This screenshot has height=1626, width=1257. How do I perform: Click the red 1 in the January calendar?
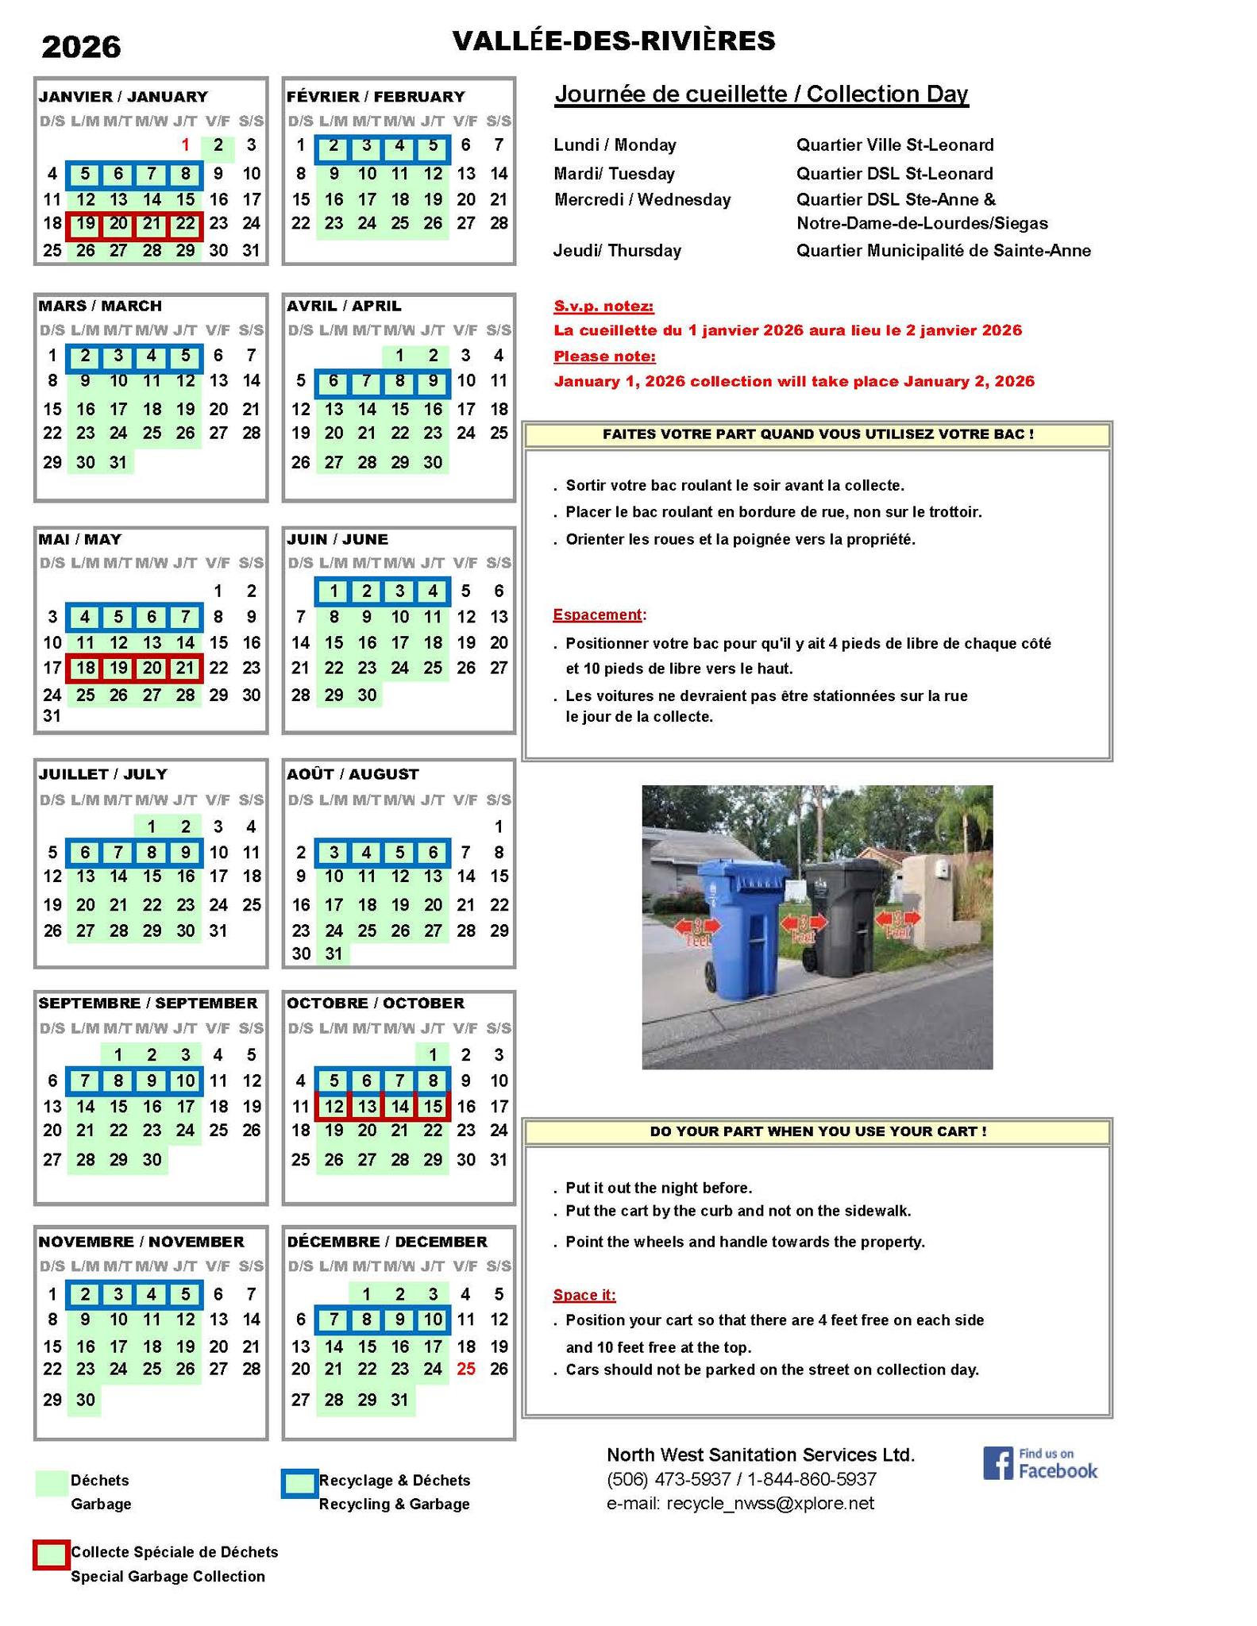click(185, 145)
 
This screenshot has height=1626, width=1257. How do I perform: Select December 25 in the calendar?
click(466, 1369)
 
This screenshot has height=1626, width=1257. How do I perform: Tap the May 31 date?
click(52, 716)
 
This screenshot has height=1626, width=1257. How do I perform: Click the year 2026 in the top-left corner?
click(81, 48)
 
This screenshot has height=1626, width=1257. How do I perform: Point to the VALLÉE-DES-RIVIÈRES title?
click(613, 41)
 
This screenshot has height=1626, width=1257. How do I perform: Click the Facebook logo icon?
click(997, 1463)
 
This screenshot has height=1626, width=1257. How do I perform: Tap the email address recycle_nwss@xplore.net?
click(770, 1503)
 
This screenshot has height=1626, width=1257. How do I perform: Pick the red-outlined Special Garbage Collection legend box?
click(51, 1555)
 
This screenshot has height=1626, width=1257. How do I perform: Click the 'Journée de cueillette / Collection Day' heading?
click(761, 94)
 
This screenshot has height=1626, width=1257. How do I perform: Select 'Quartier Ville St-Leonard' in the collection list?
click(895, 145)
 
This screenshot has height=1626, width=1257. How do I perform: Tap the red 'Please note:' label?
click(605, 356)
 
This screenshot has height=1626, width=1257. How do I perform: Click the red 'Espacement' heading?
click(598, 615)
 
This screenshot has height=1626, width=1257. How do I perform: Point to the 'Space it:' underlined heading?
click(584, 1296)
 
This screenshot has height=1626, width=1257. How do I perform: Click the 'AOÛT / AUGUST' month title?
click(353, 774)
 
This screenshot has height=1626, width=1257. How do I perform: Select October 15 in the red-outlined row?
click(433, 1106)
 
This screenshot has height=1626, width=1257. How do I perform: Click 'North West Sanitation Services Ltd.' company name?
click(761, 1455)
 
